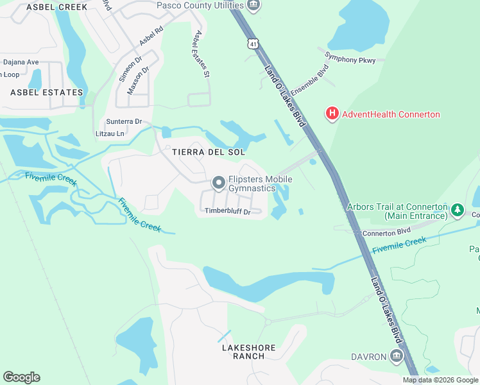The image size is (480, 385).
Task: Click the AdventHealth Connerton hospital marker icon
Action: [x=332, y=114]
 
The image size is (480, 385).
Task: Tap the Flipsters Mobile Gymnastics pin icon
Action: [x=219, y=184]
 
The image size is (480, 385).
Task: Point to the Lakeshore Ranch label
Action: [x=248, y=352]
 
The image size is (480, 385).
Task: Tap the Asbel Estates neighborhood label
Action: [x=47, y=92]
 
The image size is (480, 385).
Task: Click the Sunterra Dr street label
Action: [x=124, y=121]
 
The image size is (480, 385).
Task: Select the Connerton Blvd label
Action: [x=386, y=232]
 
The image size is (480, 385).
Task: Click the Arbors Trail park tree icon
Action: [x=457, y=209]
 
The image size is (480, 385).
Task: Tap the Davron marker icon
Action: [x=397, y=356]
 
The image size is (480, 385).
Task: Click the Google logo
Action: [x=21, y=377]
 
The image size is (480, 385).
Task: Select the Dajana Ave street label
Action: [x=20, y=62]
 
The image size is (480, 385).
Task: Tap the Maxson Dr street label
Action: [x=138, y=80]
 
